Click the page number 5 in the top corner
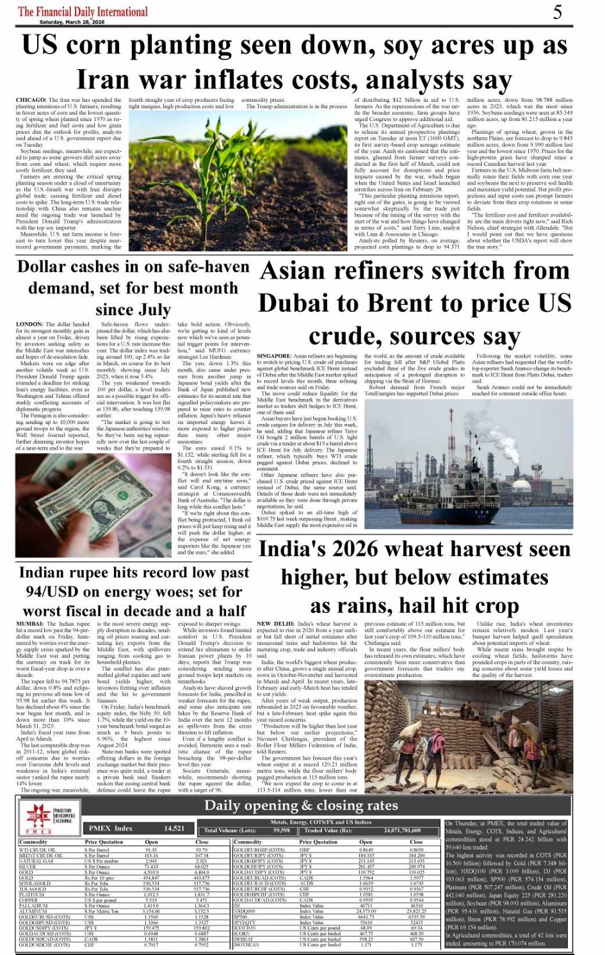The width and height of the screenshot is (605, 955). tap(558, 12)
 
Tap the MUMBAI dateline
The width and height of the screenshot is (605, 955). tap(30, 623)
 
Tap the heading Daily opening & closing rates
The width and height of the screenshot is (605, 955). tap(300, 805)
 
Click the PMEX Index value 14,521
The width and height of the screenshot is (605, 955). tap(174, 828)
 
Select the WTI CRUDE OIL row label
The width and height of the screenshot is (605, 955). tap(41, 850)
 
